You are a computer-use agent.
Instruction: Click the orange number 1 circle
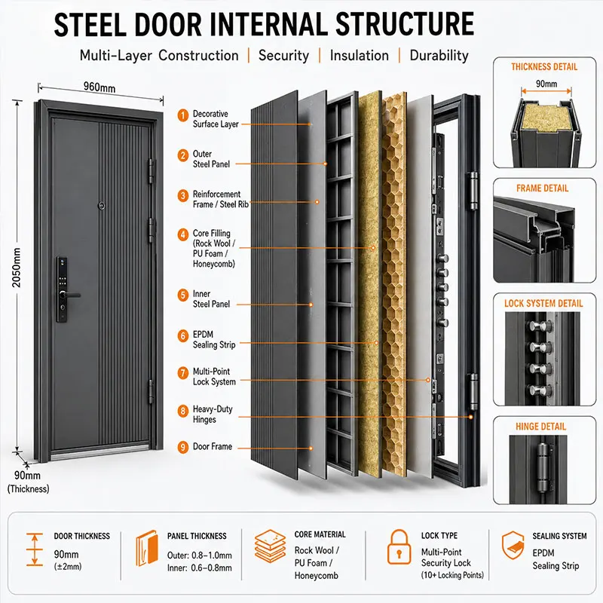tap(183, 115)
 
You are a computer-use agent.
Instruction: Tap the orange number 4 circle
tap(183, 234)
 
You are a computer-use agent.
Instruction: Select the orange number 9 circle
tap(183, 447)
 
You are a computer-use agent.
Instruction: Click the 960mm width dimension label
tap(99, 87)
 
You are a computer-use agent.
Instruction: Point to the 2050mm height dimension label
tap(16, 268)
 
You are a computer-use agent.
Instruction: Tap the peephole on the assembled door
tap(102, 206)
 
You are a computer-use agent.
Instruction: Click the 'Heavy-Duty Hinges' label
tap(213, 414)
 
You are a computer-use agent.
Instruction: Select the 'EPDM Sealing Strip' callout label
tap(214, 340)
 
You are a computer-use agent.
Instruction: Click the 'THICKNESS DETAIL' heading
tap(544, 67)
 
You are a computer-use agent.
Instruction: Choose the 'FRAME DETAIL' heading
tap(542, 188)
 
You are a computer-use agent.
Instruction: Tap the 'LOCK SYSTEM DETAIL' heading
tap(543, 304)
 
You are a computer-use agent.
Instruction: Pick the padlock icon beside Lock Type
tap(399, 547)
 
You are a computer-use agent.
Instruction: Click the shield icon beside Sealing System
tap(513, 546)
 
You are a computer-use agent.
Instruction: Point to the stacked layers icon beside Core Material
tap(270, 546)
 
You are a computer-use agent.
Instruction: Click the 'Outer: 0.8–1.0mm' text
tap(199, 556)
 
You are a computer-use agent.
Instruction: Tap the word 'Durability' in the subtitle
tap(439, 56)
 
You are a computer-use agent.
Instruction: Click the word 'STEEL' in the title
tap(90, 25)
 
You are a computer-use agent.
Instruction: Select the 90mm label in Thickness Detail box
tap(546, 84)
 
